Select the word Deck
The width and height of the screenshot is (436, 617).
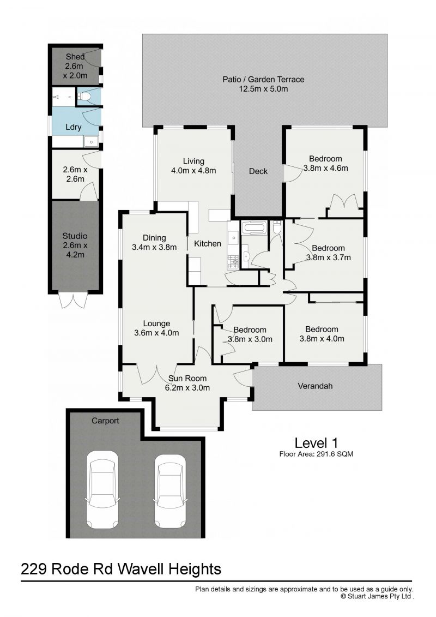pyautogui.click(x=258, y=171)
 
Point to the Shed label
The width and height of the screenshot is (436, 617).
pyautogui.click(x=75, y=57)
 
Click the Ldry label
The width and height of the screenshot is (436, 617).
pyautogui.click(x=74, y=127)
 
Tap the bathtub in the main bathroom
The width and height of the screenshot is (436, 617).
pyautogui.click(x=253, y=227)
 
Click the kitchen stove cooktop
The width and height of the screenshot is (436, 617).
pyautogui.click(x=233, y=262)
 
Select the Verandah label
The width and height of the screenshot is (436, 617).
pyautogui.click(x=315, y=386)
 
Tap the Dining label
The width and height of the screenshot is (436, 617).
pyautogui.click(x=154, y=238)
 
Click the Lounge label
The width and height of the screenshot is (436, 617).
pyautogui.click(x=157, y=324)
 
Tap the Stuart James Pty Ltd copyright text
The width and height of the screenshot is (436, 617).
pyautogui.click(x=377, y=596)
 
